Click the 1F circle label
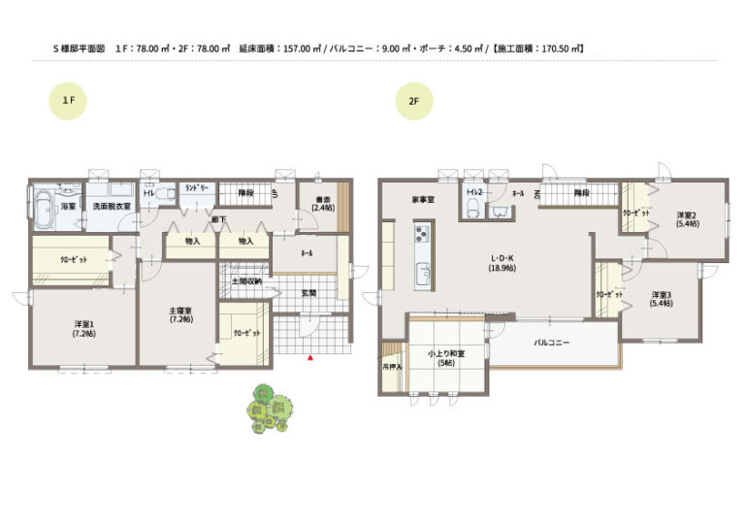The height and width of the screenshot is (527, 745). point(69,100)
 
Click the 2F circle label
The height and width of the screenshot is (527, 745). point(414,100)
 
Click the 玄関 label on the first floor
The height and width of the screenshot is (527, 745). point(308,292)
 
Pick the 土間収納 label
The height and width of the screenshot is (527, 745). point(245,282)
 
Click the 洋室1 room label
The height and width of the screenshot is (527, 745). point(82,327)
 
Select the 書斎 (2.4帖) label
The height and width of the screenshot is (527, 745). point(322,206)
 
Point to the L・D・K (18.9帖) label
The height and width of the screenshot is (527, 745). point(502,263)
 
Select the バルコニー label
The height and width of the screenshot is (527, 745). point(550,344)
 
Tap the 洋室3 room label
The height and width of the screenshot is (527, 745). point(662,299)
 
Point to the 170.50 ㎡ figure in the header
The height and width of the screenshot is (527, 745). point(563,47)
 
